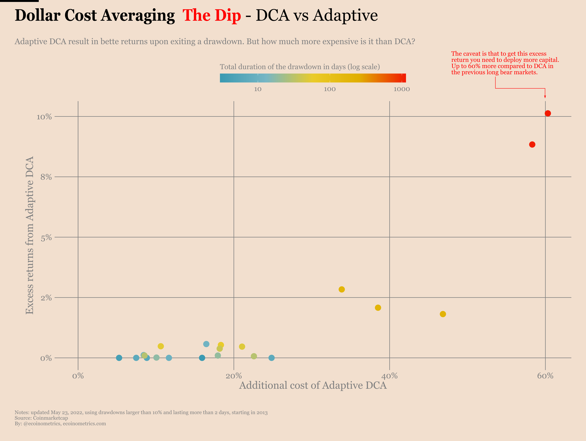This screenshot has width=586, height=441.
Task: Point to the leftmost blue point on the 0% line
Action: pos(119,358)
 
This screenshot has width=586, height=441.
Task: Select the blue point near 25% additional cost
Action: pos(272,358)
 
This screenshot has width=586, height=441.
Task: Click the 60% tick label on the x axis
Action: pos(545,376)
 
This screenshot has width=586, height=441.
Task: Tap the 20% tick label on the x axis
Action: pos(234,376)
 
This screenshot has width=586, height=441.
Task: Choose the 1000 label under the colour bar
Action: pos(402,89)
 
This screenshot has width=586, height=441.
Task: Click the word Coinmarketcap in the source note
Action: pos(50,418)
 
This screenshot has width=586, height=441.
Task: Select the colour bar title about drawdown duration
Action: pos(300,67)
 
